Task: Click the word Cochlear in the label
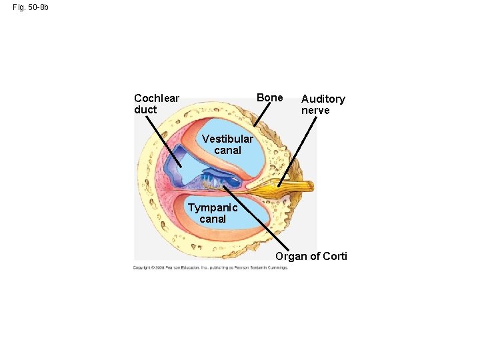pos(157,99)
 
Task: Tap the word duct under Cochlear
pos(145,110)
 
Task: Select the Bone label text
pos(270,97)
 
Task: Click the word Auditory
pos(323,99)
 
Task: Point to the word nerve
pos(315,110)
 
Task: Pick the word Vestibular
pos(227,139)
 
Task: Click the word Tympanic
pos(213,207)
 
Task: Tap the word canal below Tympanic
pos(213,219)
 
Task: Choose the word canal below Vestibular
pos(227,151)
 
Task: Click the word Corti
pos(334,256)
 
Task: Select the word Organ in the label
pos(291,256)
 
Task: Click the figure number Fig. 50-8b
pos(30,7)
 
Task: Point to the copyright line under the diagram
pos(210,267)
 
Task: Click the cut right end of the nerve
pos(311,186)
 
